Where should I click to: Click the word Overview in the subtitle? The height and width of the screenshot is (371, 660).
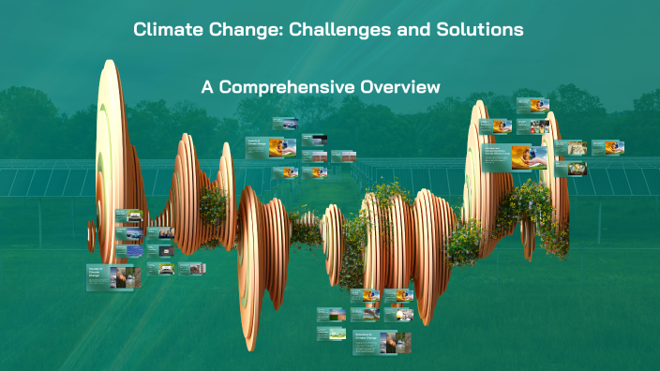[x=401, y=87]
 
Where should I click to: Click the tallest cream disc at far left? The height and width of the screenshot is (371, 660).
[x=109, y=150]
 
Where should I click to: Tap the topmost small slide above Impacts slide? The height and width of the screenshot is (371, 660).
[x=285, y=123]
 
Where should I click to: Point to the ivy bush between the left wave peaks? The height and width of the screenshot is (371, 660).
[x=214, y=201]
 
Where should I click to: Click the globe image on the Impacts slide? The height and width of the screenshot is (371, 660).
[x=285, y=147]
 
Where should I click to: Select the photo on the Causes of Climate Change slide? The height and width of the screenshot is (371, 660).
[x=127, y=277]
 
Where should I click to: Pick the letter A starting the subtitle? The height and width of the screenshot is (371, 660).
[x=207, y=87]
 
